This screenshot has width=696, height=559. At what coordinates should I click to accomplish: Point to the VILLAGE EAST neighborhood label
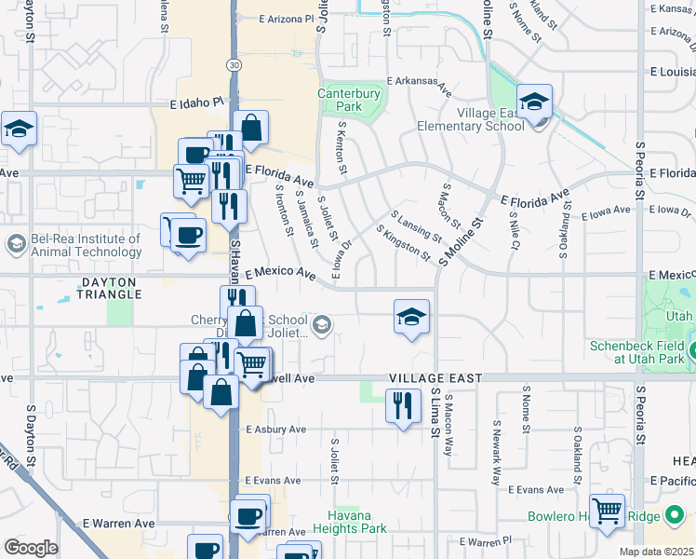coord(435,378)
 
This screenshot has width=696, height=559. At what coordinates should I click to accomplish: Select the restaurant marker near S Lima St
coord(403,406)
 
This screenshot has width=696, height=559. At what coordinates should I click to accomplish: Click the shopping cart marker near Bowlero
coord(607,511)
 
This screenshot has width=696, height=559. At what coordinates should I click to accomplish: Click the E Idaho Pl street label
coord(197,104)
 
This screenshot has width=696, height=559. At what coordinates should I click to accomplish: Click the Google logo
coord(31,547)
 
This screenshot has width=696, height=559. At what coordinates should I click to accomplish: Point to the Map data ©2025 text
coord(657,552)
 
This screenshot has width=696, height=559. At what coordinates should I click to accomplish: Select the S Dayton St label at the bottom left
coord(32,435)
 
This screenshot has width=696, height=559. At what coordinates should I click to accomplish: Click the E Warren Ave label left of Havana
coord(118,524)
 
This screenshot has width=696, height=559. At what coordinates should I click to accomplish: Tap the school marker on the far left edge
coord(17,131)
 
